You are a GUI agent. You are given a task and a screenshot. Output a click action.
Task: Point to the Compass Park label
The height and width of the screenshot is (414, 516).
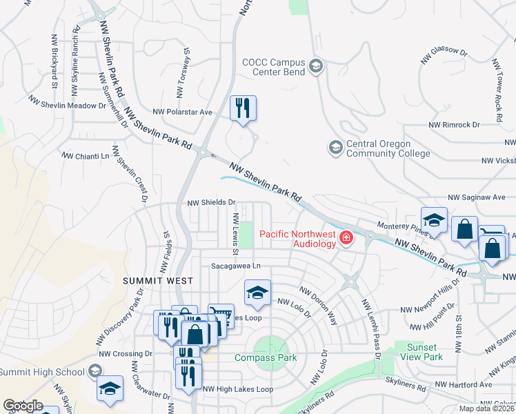pos(265,357)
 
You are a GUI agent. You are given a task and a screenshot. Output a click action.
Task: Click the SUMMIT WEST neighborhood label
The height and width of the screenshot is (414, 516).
pos(157,281)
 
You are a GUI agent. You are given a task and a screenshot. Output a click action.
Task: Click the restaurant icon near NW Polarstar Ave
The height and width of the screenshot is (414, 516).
pos(243,108)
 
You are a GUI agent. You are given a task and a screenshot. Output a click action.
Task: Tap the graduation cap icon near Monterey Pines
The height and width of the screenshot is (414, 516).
pos(435,221)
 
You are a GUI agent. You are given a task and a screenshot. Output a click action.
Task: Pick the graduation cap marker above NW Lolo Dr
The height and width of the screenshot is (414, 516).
pos(257,293)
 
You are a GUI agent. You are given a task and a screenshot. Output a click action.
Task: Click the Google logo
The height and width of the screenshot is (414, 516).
pos(23,406)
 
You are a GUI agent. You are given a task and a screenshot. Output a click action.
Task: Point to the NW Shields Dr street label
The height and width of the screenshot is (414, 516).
pos(212,204)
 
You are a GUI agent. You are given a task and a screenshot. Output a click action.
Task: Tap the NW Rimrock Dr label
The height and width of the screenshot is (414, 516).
pos(454,125)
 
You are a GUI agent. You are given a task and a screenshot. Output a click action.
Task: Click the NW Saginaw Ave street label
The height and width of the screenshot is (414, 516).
pos(477,197)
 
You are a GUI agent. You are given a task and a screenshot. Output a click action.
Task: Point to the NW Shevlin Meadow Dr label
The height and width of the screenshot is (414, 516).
pos(68,106)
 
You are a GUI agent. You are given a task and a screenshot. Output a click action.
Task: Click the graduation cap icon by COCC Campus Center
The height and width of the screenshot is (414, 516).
pos(316,67)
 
